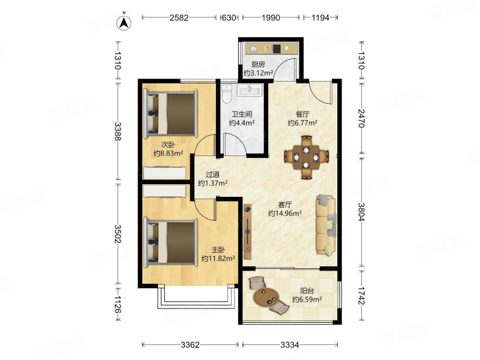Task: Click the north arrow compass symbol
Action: tap(124, 22)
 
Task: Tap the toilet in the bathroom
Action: tap(227, 94)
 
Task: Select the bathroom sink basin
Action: tap(250, 91)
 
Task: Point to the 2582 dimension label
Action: tap(179, 18)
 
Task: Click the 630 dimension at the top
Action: tap(229, 18)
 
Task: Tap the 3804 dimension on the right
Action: tap(362, 212)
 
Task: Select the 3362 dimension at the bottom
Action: tap(190, 345)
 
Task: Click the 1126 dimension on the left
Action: tap(118, 305)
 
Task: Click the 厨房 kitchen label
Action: tap(258, 65)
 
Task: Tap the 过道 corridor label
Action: tap(212, 175)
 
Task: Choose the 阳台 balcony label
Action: tap(307, 291)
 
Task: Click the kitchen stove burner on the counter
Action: tap(277, 49)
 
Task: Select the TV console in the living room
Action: tap(248, 232)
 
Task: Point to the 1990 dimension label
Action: tap(271, 18)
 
